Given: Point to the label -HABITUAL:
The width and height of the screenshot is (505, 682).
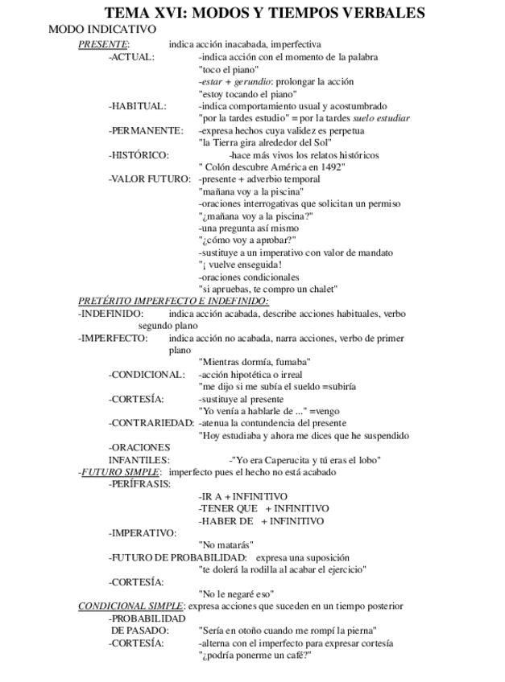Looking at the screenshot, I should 138,105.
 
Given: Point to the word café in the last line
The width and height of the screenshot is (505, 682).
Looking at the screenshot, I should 294,655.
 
